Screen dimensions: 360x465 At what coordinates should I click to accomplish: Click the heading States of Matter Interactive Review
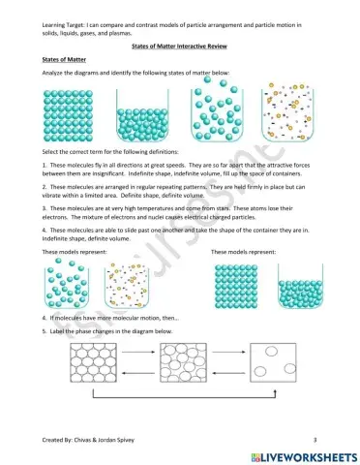point(180,46)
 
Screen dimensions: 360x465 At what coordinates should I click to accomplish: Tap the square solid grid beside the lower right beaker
point(234,284)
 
